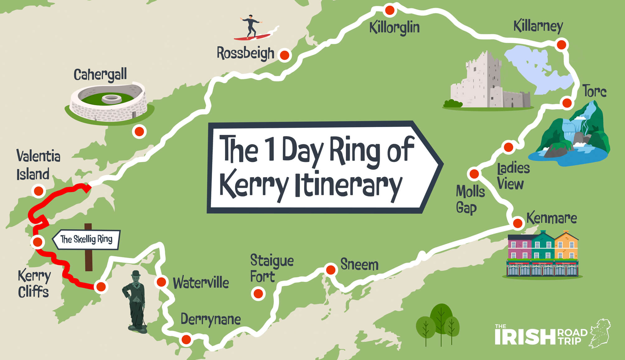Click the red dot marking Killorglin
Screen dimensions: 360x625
[x=389, y=10]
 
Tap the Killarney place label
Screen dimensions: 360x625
[x=538, y=26]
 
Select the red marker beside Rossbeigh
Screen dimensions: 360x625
[x=284, y=55]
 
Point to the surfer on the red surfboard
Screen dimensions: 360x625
[x=251, y=26]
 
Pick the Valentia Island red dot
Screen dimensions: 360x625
[x=39, y=191]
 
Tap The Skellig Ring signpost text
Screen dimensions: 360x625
[x=87, y=239]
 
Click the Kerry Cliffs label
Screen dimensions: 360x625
[x=34, y=284]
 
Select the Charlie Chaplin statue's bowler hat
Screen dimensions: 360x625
[x=136, y=274]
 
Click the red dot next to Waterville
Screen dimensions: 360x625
[x=161, y=282]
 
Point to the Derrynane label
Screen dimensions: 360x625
[x=211, y=320]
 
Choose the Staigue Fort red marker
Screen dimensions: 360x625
[x=258, y=293]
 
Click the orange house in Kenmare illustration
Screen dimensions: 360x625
[x=566, y=246]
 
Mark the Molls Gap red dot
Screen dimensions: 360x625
[x=474, y=174]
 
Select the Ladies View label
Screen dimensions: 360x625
[x=513, y=176]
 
